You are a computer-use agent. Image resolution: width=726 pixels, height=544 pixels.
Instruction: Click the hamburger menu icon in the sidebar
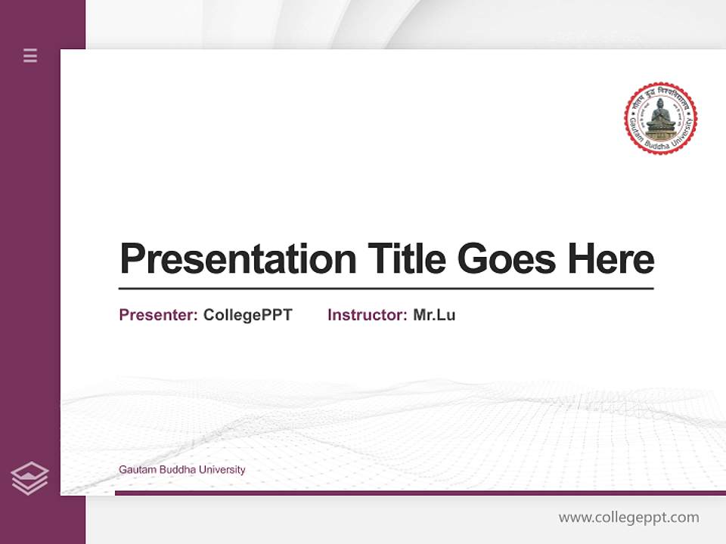tap(30, 55)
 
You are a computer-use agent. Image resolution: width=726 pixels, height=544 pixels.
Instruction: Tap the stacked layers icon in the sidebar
tap(29, 478)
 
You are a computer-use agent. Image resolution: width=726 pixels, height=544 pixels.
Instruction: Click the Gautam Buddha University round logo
tap(660, 119)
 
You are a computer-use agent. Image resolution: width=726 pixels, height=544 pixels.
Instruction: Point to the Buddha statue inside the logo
tap(660, 116)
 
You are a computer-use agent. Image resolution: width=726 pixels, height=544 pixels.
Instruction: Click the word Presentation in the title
tap(237, 259)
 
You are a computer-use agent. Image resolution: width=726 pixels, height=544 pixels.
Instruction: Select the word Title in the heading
tap(405, 259)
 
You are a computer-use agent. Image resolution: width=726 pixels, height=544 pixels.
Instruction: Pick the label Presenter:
tap(158, 315)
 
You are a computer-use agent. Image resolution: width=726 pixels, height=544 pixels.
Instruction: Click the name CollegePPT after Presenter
tap(247, 315)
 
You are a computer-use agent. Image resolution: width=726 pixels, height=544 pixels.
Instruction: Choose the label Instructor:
tap(367, 315)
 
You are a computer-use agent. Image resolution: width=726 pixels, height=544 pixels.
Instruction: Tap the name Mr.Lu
tap(434, 315)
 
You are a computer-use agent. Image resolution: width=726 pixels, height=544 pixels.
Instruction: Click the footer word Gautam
tap(135, 470)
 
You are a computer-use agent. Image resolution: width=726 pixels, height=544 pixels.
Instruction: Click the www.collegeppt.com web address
tap(628, 518)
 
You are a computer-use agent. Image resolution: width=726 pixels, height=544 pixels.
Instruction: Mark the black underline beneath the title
tap(386, 289)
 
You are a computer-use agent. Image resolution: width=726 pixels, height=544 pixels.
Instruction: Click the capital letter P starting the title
tap(132, 259)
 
